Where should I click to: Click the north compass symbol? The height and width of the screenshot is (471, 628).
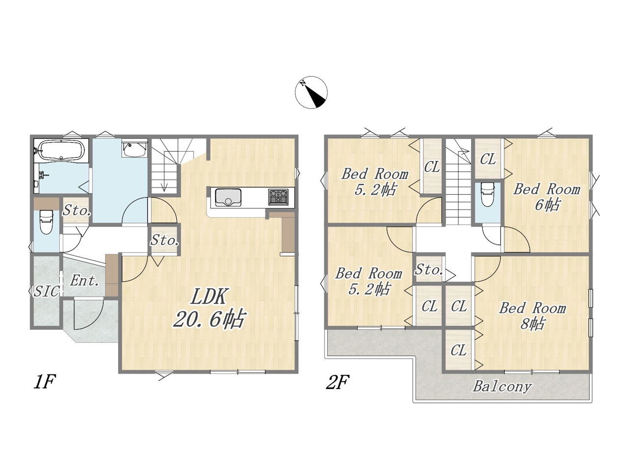click(311, 92)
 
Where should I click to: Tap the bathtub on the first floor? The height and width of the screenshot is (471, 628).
click(62, 151)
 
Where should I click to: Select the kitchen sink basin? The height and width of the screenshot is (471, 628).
click(228, 197)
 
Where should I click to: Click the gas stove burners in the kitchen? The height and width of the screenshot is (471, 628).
click(278, 197)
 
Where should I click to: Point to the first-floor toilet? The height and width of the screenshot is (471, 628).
click(46, 222)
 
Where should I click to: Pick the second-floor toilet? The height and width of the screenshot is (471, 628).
click(488, 194)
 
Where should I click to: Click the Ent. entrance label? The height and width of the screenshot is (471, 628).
click(85, 281)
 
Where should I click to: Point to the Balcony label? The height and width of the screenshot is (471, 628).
click(502, 386)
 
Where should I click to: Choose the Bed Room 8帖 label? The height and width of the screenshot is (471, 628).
click(532, 316)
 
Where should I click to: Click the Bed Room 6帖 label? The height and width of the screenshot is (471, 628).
click(547, 197)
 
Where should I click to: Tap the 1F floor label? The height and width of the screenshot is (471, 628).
click(44, 382)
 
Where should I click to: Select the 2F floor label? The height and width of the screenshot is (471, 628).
click(338, 382)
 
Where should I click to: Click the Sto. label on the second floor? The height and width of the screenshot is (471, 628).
click(429, 269)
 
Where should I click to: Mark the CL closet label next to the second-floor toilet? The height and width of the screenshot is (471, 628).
click(488, 159)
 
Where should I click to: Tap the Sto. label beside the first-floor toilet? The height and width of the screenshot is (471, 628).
click(77, 211)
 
